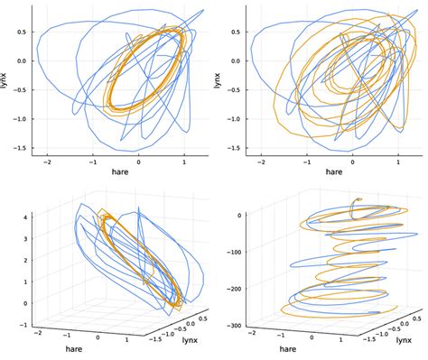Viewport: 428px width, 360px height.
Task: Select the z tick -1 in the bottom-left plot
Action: [x=26, y=325]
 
